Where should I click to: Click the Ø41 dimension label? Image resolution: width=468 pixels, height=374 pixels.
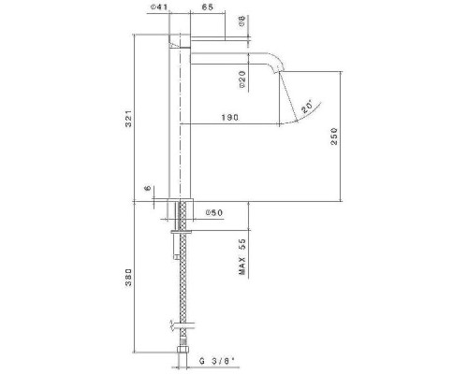point(159,7)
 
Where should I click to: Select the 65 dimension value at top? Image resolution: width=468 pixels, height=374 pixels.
point(208,7)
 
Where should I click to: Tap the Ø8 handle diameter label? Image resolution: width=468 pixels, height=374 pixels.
point(242,22)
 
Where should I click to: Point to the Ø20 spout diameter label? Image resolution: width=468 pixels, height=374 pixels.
point(242,79)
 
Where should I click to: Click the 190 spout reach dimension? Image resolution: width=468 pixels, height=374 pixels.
point(230,118)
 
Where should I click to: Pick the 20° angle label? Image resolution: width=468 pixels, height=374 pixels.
point(307,107)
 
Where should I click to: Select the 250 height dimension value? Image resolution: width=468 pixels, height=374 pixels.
point(334,136)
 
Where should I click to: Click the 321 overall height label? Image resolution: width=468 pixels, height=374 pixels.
point(129,119)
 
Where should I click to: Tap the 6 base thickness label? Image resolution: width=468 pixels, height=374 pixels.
point(148,188)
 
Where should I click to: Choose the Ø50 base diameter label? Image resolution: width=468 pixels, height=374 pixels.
point(214,213)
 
